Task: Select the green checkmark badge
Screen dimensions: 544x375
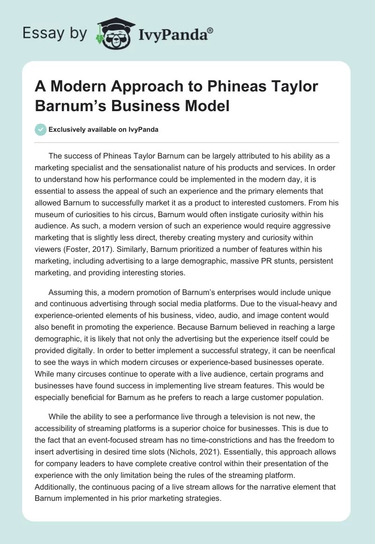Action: coord(40,129)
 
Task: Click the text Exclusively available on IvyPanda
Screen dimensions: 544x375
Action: coord(103,129)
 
